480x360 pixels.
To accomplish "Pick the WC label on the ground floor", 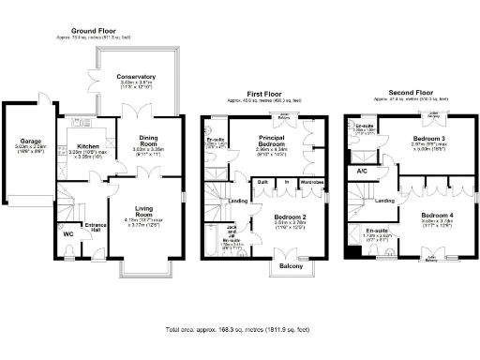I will pos(67,234).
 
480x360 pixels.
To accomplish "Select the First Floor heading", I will pos(265,94).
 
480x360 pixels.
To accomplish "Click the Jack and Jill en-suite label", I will pos(231,231).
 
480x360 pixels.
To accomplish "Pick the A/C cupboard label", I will pos(362,172).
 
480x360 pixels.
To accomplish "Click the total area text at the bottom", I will pos(239,330).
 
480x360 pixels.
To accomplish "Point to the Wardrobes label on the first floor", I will pos(312,182).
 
